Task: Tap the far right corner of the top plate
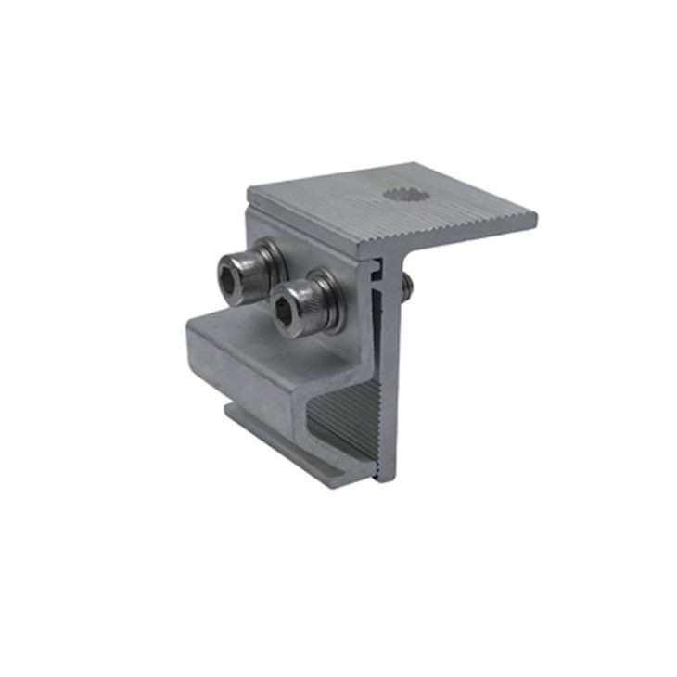535,219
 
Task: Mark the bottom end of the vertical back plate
388,478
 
